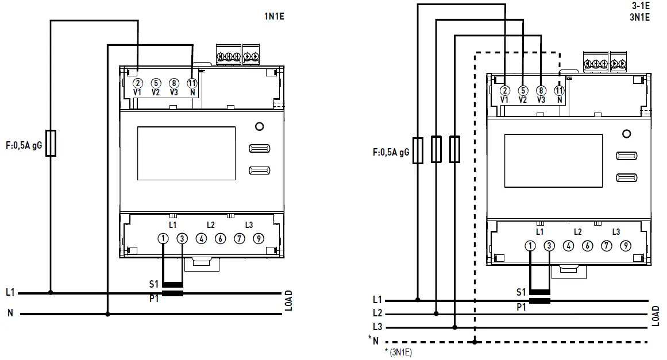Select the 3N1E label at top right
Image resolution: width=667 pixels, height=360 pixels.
639,17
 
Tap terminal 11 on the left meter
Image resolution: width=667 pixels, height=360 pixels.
192,83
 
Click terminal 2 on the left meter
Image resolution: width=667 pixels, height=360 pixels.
138,83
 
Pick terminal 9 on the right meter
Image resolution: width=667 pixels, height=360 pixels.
625,246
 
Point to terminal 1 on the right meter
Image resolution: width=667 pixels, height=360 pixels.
530,246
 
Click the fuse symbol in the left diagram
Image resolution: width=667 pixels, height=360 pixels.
51,143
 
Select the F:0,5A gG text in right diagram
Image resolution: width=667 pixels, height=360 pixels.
391,153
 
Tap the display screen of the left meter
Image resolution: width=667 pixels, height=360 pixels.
186,153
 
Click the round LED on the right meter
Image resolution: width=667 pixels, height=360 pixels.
626,134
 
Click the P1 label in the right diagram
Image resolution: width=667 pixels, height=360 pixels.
521,307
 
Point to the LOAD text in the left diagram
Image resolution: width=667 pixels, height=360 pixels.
288,303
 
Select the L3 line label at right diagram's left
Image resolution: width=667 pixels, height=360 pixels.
377,327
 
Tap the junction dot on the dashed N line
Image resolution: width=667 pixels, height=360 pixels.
475,342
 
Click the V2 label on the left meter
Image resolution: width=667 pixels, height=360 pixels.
156,92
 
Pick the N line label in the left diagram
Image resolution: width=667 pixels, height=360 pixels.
10,313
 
